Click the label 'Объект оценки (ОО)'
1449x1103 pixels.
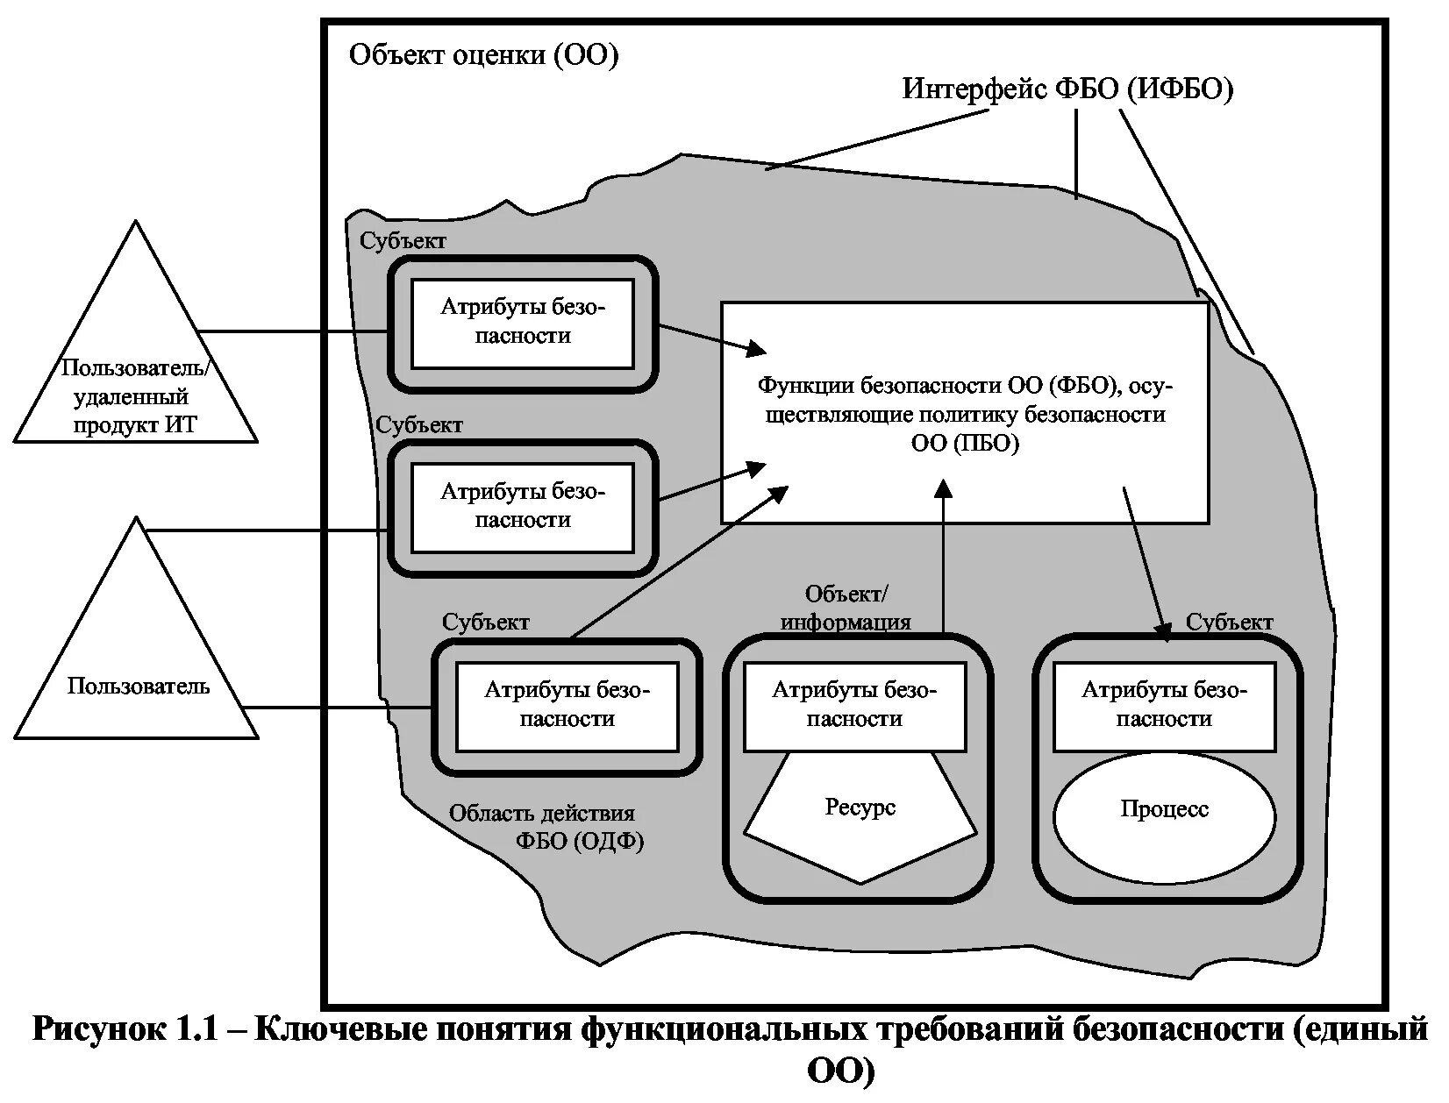(484, 56)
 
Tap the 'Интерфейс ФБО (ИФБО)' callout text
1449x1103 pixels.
(1067, 89)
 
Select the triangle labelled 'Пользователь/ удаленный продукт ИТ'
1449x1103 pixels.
(136, 368)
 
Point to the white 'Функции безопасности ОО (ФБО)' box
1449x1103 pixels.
(963, 413)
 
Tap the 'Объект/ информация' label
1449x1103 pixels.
(846, 608)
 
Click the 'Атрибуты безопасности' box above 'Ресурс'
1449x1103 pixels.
(854, 706)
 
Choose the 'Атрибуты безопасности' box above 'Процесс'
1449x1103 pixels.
(1164, 706)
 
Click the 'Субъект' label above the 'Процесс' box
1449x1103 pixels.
(1229, 623)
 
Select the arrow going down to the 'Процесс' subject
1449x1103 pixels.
(1146, 561)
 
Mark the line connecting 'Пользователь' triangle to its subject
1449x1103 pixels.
(338, 707)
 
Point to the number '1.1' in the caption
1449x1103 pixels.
(193, 1028)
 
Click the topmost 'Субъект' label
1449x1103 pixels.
(403, 241)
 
